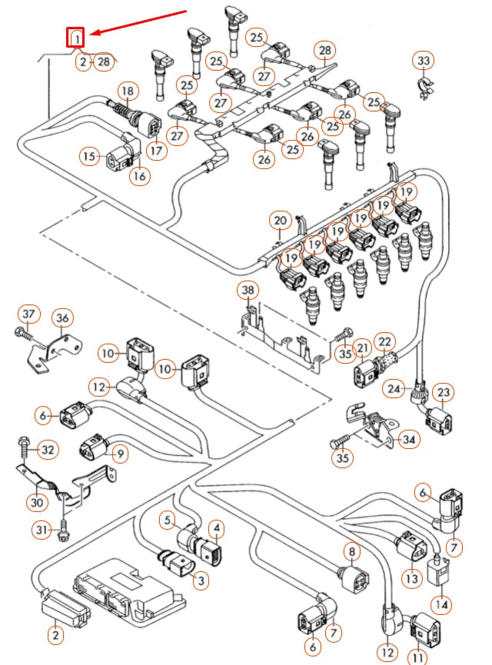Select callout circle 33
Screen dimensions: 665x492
coord(424,60)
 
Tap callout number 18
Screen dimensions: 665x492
coord(128,91)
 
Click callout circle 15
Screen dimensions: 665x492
coord(91,157)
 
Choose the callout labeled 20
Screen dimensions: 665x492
coord(281,221)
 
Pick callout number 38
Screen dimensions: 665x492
coord(247,291)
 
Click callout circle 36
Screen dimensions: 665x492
coord(61,318)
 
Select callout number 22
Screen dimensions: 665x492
coord(384,341)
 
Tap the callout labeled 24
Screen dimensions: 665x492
coord(395,389)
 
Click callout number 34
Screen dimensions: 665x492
coord(411,440)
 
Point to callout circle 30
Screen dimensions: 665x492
coord(36,502)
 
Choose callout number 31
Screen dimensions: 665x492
coord(42,530)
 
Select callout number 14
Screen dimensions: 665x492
coord(441,603)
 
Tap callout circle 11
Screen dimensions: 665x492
coord(417,657)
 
